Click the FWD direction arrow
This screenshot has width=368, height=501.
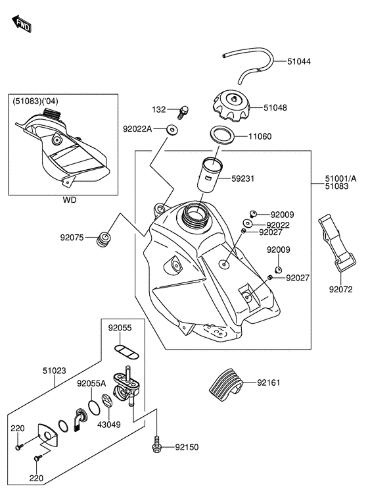pos(22,24)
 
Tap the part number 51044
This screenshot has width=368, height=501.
pos(299,61)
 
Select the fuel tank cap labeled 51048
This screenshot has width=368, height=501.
pos(231,105)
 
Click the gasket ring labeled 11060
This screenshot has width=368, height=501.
pos(223,135)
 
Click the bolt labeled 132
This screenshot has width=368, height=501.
pos(183,111)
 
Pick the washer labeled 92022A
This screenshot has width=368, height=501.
pos(172,130)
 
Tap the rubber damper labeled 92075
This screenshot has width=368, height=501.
pos(104,239)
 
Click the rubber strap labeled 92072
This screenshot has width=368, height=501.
pos(337,243)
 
